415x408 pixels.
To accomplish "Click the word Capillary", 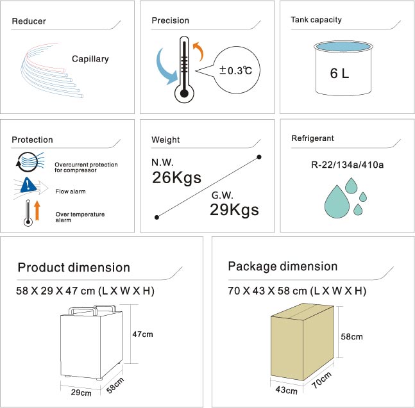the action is point(90,59).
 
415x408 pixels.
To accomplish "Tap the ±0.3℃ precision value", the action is point(235,70).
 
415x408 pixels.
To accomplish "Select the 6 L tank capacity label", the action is point(339,73).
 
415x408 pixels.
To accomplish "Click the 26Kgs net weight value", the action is point(176,177).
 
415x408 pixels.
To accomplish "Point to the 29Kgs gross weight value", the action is point(234,210).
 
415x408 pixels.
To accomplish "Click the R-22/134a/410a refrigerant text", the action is point(347,165).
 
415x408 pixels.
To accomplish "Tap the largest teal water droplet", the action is point(337,202).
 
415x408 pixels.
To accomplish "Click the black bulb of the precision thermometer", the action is point(184,94).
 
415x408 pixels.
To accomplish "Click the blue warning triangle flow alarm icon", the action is point(28,184).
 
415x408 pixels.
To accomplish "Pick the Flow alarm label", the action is point(71,192).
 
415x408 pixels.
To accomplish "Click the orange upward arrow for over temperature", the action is point(37,210).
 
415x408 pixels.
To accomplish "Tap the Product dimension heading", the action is point(74,268).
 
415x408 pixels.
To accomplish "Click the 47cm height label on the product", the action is point(142,334).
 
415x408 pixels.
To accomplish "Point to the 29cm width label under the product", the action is point(81,393).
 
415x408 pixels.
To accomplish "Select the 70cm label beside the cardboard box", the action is point(321,380).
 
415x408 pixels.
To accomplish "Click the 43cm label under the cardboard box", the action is point(286,390).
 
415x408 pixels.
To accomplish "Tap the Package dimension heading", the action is point(283,266).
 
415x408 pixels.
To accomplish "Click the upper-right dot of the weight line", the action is point(259,157).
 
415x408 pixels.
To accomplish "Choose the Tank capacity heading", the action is point(316,20).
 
